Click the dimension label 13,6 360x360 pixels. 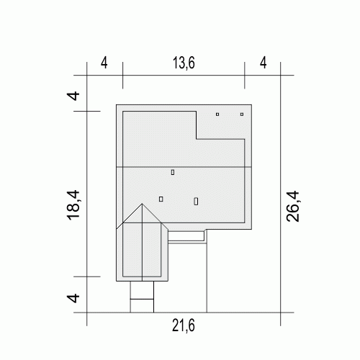(x=184, y=63)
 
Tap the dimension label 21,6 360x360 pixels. (x=184, y=326)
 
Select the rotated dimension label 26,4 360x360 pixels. (x=293, y=207)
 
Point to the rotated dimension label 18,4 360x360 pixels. (x=73, y=205)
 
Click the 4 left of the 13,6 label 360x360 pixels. (x=104, y=63)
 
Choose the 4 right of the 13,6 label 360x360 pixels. (x=264, y=63)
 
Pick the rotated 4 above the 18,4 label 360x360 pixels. (x=73, y=96)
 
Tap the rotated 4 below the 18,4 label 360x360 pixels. (x=73, y=298)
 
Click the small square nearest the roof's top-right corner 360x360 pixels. (x=242, y=114)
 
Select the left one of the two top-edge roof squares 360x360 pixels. (x=217, y=114)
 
